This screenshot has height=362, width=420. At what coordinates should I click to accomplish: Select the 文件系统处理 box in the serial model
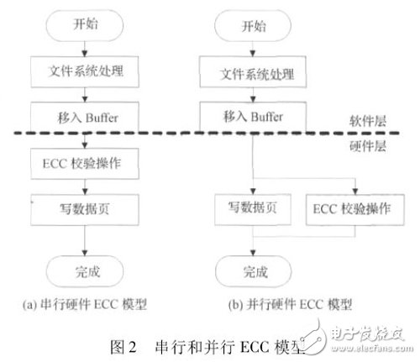pyautogui.click(x=87, y=67)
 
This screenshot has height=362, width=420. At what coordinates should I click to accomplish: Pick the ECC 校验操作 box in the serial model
pyautogui.click(x=87, y=161)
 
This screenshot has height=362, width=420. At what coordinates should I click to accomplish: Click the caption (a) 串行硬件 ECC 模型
pyautogui.click(x=87, y=304)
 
